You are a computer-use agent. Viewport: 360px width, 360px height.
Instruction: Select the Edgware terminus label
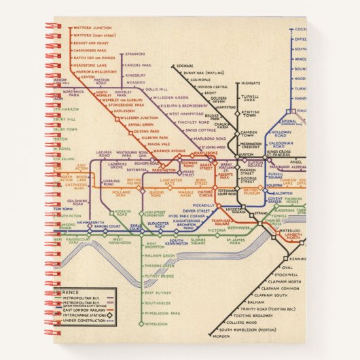coord(185,66)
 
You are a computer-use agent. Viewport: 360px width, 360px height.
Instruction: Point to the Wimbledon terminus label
coord(158,325)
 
